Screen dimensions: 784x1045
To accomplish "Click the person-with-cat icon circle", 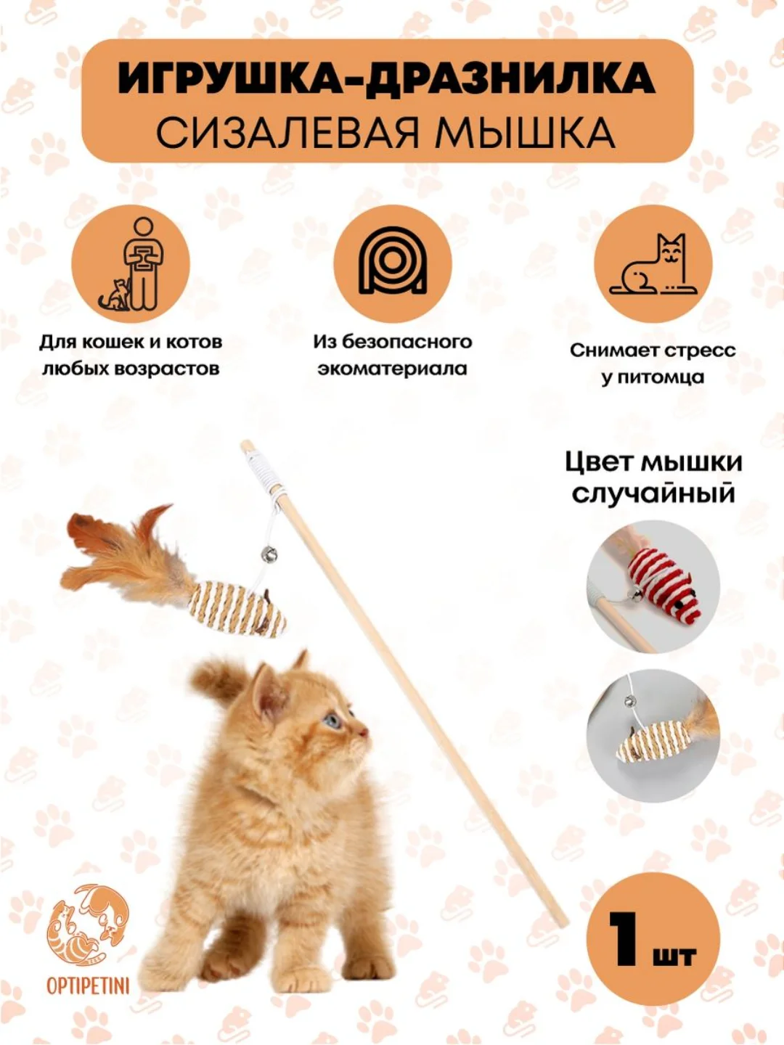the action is point(131,265).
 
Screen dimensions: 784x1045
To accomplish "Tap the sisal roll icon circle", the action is point(392,264).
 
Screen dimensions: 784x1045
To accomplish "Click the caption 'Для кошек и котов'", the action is point(131,343).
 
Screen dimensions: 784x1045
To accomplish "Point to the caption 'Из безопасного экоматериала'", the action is point(392,356).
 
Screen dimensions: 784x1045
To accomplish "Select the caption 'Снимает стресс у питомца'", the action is point(653,364).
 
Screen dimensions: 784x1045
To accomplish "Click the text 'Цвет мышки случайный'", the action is point(653,478).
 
